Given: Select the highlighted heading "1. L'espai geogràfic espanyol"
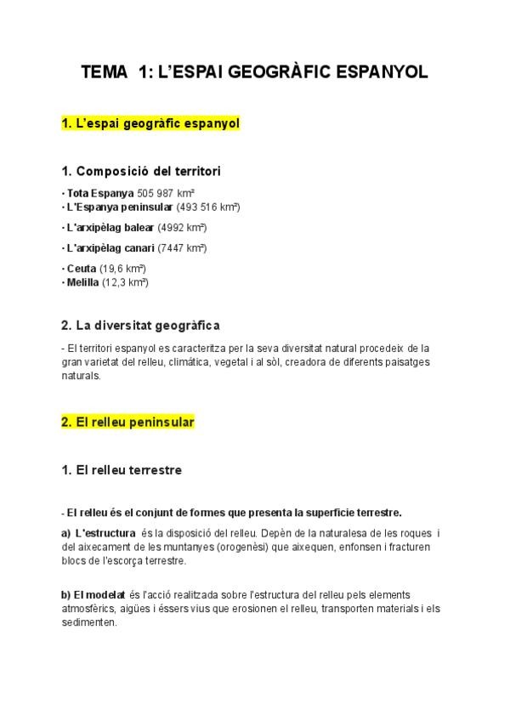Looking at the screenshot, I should pos(150,124).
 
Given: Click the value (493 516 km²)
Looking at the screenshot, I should pos(209,207).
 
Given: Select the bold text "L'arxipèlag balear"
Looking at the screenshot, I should pos(110,228).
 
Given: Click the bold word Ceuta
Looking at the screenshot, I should pos(81,270).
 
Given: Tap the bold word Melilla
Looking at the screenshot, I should pos(82,282).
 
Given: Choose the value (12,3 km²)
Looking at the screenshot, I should pos(126,282).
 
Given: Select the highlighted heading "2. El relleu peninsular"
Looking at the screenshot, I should pos(128,422).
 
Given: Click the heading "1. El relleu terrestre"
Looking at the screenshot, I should pos(122,469).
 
